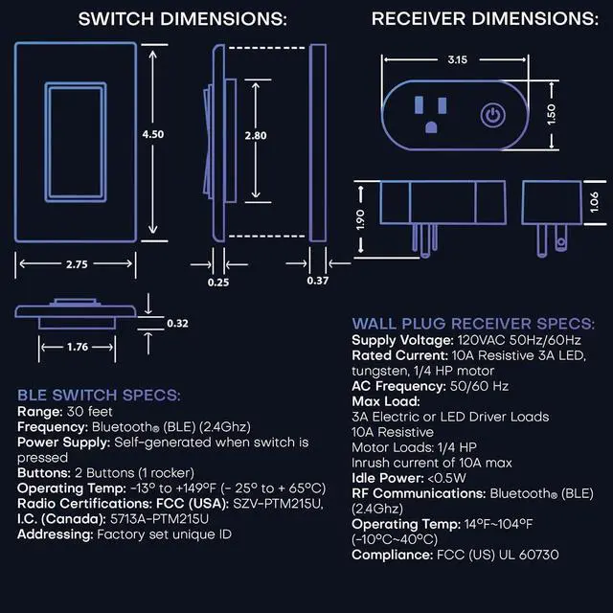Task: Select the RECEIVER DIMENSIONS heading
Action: [x=484, y=19]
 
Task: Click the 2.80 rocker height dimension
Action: [x=255, y=136]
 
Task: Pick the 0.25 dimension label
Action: [x=218, y=282]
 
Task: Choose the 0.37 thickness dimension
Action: [x=317, y=282]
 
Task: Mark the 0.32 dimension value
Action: [x=177, y=323]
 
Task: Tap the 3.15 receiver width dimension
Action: [x=458, y=59]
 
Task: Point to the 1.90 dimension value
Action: [x=360, y=219]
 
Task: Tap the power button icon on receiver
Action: [x=491, y=116]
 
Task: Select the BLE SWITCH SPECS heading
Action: [x=100, y=395]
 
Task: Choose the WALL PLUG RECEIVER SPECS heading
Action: [x=473, y=324]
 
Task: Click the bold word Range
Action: [x=39, y=411]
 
